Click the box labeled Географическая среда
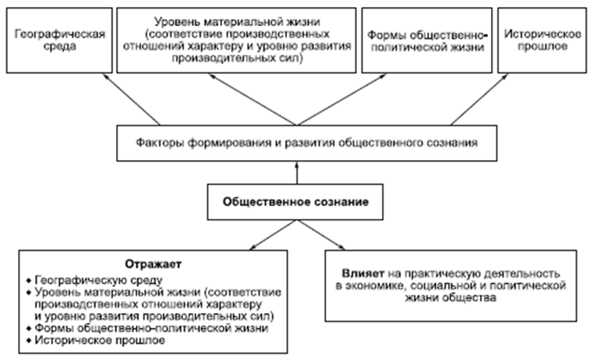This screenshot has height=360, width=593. (60, 40)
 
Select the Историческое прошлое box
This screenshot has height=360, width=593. (542, 40)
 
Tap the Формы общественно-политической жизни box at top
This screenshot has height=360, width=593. (427, 40)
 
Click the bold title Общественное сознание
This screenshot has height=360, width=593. (296, 202)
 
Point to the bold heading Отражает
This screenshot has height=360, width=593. (153, 264)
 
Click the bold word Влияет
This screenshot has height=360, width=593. (363, 274)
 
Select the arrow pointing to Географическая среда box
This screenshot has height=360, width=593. (132, 99)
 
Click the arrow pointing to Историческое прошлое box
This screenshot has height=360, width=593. (479, 99)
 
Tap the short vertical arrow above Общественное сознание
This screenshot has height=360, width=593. (296, 173)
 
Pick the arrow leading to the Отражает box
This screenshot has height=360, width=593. (273, 235)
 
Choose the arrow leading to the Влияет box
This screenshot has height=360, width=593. (322, 235)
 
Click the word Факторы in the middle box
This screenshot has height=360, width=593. (160, 143)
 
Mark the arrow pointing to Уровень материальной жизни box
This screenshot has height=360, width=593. (253, 99)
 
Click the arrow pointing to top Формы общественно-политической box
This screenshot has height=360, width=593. (342, 99)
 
